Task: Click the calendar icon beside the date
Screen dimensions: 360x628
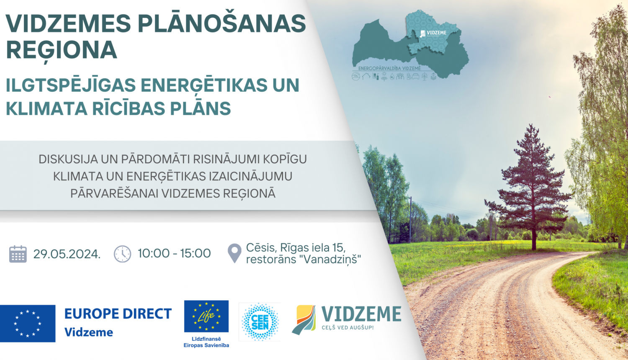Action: (18, 254)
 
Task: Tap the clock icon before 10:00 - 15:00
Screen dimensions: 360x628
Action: (122, 254)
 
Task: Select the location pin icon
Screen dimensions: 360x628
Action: (234, 253)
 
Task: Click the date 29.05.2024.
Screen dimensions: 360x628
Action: (67, 254)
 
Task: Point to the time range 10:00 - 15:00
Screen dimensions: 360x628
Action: (174, 253)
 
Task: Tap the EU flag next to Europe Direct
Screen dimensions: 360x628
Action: (28, 323)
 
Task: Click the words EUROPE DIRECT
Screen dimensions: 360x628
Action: (118, 314)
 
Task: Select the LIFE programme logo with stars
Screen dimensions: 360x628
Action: (206, 316)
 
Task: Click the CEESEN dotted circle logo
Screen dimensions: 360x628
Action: (260, 322)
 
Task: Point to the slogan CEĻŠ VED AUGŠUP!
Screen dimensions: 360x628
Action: (347, 328)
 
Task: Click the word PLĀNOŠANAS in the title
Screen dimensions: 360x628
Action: (222, 23)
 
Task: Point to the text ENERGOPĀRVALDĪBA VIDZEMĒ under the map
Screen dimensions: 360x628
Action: (389, 68)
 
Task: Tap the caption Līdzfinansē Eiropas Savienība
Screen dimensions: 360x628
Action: (206, 342)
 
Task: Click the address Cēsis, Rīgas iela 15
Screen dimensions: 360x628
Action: (296, 247)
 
